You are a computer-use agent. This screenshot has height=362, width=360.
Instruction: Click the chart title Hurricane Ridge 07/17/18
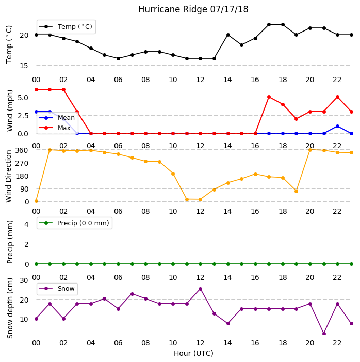pos(193,9)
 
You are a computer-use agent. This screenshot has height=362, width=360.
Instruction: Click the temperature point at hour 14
pos(228,35)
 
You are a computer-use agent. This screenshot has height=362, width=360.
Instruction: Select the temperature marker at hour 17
pos(269,24)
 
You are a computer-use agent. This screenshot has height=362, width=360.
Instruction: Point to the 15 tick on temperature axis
pos(24,66)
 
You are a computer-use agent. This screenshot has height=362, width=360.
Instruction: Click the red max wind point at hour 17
pos(269,97)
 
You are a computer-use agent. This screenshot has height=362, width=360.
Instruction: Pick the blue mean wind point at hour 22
pos(338,127)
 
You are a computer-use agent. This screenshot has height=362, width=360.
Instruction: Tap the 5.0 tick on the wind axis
pos(23,98)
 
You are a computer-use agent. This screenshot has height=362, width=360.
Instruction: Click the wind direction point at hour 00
pos(36,201)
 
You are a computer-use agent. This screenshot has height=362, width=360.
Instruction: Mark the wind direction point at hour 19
pos(297,191)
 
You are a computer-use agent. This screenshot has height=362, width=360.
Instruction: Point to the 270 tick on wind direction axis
pos(22,163)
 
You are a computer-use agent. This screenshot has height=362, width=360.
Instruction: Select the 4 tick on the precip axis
pos(26,224)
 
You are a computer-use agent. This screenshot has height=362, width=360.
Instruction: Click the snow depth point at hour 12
pos(201,289)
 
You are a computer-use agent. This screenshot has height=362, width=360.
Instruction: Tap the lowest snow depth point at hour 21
pos(324,334)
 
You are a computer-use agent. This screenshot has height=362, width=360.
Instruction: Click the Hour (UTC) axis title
pos(193,353)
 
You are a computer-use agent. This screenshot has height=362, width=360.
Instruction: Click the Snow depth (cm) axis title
pos(9,308)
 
